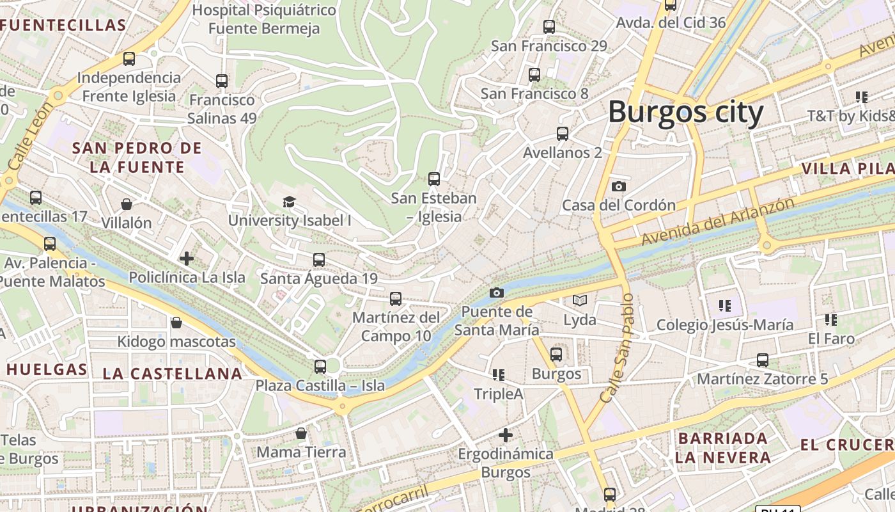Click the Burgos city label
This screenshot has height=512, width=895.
tap(685, 113)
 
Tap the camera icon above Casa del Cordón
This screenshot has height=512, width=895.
tap(618, 186)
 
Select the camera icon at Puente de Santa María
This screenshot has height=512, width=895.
tap(496, 292)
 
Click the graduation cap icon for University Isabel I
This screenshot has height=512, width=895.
tap(289, 202)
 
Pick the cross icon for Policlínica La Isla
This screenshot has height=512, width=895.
tap(187, 259)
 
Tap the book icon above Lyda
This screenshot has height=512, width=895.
tap(579, 300)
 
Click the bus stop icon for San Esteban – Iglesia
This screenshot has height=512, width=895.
tap(434, 179)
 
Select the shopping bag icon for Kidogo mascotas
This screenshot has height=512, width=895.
tap(176, 323)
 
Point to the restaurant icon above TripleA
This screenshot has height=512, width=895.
tap(498, 374)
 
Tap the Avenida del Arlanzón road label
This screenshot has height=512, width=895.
tap(718, 221)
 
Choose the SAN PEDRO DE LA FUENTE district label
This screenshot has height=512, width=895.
tap(137, 157)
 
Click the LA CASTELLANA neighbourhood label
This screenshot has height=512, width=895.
tap(173, 374)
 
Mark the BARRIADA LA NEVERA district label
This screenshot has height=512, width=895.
tap(722, 448)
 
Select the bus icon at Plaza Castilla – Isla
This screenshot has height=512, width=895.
tap(320, 367)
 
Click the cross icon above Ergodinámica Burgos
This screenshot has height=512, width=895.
tap(505, 435)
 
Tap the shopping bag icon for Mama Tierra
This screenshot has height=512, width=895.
tap(301, 433)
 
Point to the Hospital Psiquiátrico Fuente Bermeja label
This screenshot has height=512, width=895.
tap(264, 19)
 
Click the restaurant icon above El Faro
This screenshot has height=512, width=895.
tap(830, 319)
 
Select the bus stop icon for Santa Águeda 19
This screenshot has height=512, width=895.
tap(318, 259)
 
